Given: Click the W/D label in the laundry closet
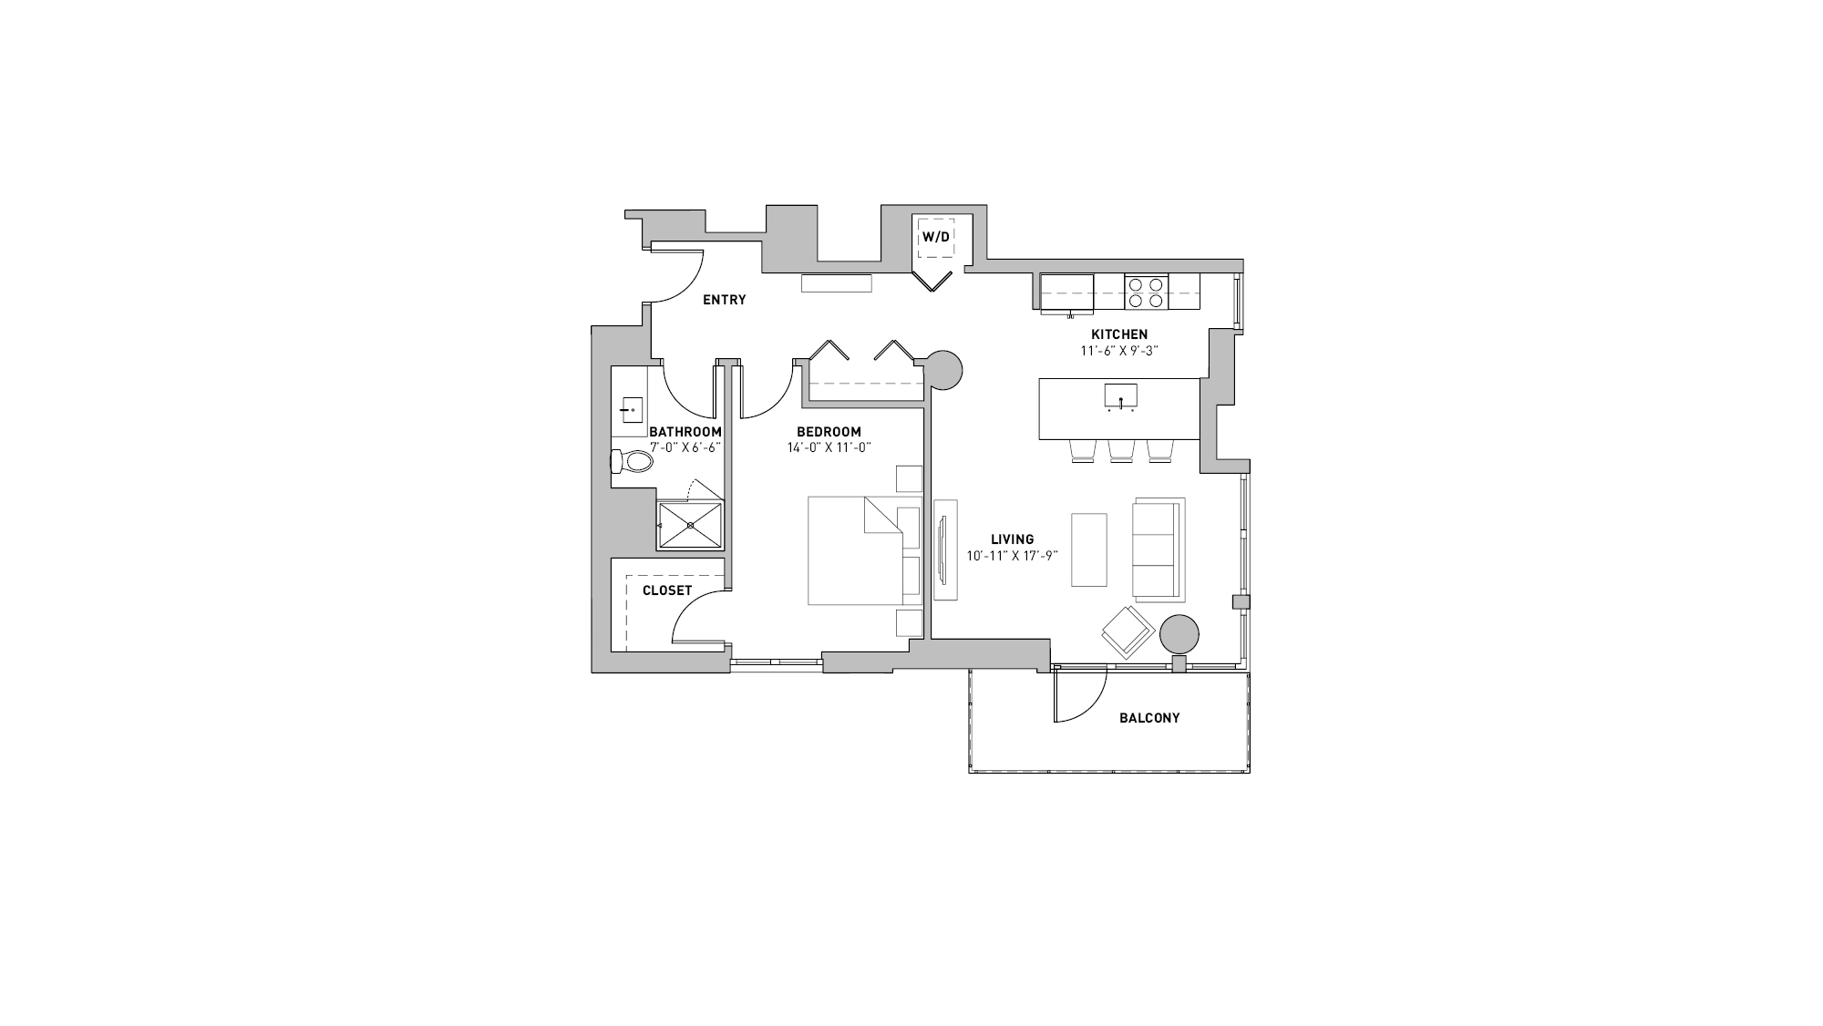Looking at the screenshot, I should [x=935, y=237].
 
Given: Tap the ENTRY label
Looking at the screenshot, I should [x=724, y=300].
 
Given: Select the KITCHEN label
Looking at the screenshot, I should [x=1119, y=334].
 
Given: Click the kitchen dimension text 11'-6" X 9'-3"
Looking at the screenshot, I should [x=1119, y=350].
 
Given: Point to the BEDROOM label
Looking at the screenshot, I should [x=829, y=432].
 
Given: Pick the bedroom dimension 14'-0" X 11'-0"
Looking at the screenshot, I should [x=829, y=447].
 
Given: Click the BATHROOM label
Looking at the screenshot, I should [x=685, y=432].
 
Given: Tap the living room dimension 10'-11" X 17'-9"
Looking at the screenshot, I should [x=1012, y=555].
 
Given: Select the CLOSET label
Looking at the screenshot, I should [x=667, y=590].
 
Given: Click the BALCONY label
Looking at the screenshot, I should [x=1149, y=718].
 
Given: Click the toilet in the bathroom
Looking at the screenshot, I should [x=633, y=461].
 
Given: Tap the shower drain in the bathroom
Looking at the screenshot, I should [x=690, y=525].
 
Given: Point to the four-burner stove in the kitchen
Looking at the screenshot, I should [x=1146, y=292].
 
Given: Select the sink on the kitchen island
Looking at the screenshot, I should [x=1120, y=397].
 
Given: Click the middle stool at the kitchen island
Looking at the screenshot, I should [x=1120, y=451].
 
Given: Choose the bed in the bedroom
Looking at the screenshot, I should [x=857, y=550].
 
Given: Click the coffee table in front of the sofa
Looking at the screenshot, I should [x=1089, y=549].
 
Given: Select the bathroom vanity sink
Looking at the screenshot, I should [x=631, y=410].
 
